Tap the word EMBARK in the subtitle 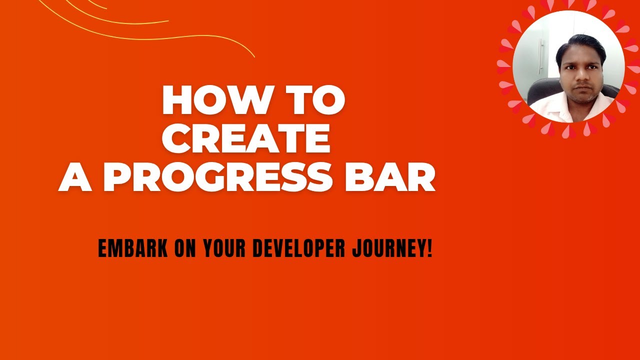click(x=132, y=248)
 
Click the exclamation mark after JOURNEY click(x=429, y=248)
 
